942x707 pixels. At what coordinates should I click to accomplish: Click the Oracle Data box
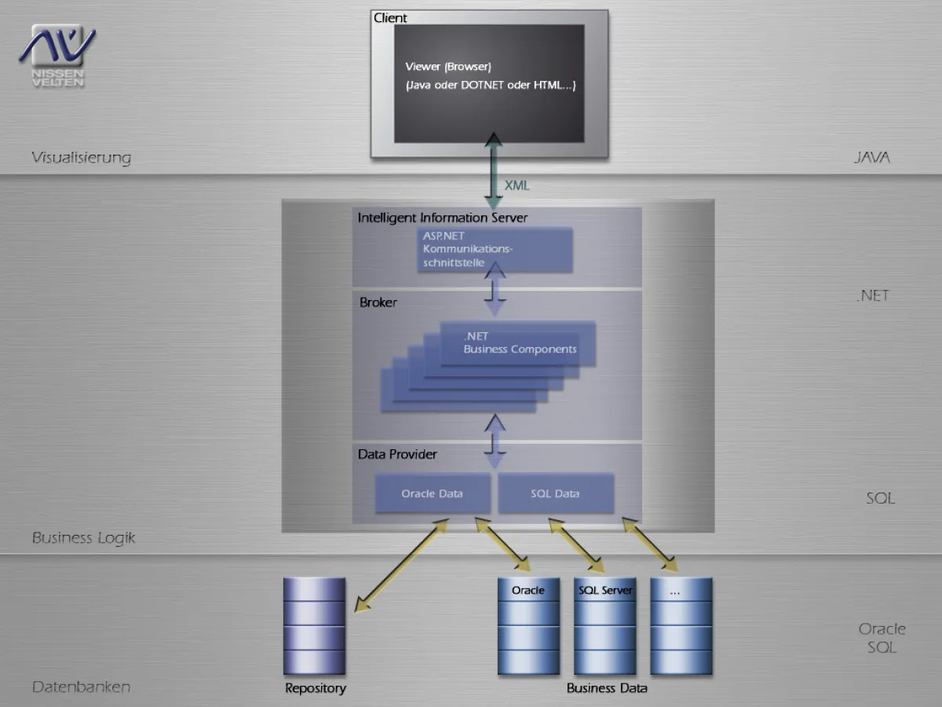pos(433,493)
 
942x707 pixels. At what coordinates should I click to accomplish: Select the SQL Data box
pos(556,493)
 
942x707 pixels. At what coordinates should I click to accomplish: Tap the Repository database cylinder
pos(314,626)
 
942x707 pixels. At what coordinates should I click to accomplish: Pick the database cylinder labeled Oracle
pos(528,626)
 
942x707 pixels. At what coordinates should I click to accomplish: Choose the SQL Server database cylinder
pos(604,626)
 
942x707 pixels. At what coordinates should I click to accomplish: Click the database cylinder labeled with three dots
pos(681,626)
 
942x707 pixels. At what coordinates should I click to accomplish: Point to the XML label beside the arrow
pos(517,185)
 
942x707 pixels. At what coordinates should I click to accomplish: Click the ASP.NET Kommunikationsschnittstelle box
pos(495,250)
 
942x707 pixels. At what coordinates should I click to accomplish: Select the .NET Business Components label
pos(520,343)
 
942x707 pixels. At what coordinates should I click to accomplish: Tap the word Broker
pos(378,302)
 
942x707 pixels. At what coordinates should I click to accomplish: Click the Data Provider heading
pos(397,454)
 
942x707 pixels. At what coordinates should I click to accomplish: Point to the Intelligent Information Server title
pos(443,218)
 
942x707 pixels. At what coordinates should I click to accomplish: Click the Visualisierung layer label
pos(81,158)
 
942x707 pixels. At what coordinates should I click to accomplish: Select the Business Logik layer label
pos(83,538)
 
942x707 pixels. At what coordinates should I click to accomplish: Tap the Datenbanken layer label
pos(81,687)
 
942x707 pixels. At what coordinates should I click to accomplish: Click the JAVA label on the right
pos(872,158)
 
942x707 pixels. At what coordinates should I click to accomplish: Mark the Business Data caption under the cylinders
pos(607,688)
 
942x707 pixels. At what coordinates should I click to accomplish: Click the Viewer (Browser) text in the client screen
pos(448,67)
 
